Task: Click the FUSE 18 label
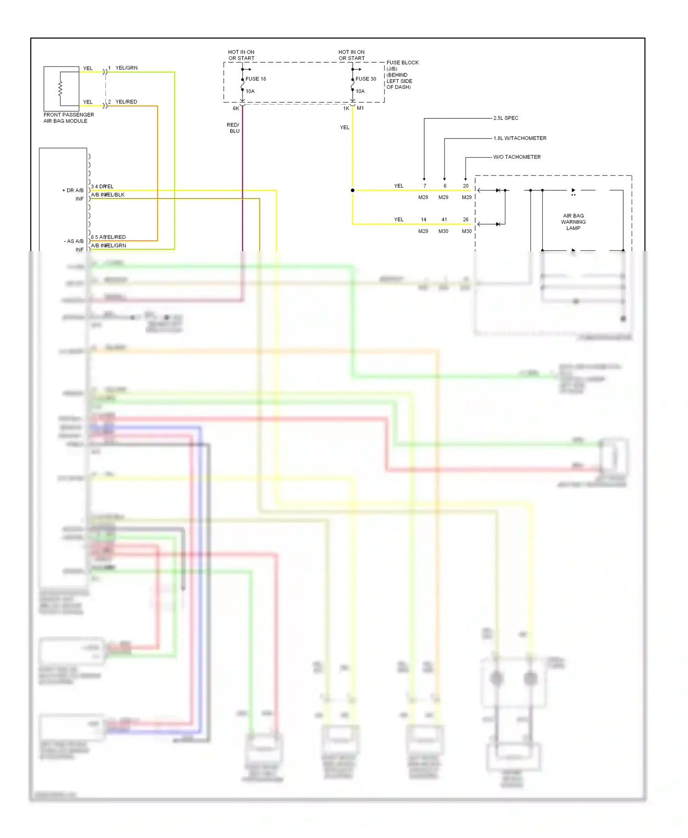[255, 79]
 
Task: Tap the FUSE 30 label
[366, 79]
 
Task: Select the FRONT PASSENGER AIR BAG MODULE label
[68, 118]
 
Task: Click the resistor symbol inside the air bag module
[60, 88]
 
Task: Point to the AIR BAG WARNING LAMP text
[573, 222]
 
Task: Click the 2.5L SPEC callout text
[505, 118]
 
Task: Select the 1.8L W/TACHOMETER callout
[520, 138]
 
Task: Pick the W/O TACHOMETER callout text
[516, 157]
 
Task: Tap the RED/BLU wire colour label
[233, 128]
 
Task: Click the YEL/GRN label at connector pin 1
[126, 68]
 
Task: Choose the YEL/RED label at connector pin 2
[126, 102]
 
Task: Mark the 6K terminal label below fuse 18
[236, 109]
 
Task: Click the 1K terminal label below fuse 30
[346, 109]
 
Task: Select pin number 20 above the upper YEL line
[466, 186]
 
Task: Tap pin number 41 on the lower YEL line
[444, 220]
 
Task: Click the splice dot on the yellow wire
[352, 190]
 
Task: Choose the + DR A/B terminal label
[73, 190]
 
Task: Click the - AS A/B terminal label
[73, 241]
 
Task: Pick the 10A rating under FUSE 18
[250, 91]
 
